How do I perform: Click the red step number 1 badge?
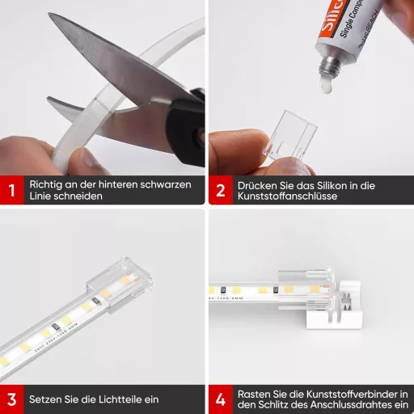(x=11, y=191)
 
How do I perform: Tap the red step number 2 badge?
(x=220, y=191)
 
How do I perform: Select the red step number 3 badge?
(x=11, y=399)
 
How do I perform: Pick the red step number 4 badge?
(x=220, y=399)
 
